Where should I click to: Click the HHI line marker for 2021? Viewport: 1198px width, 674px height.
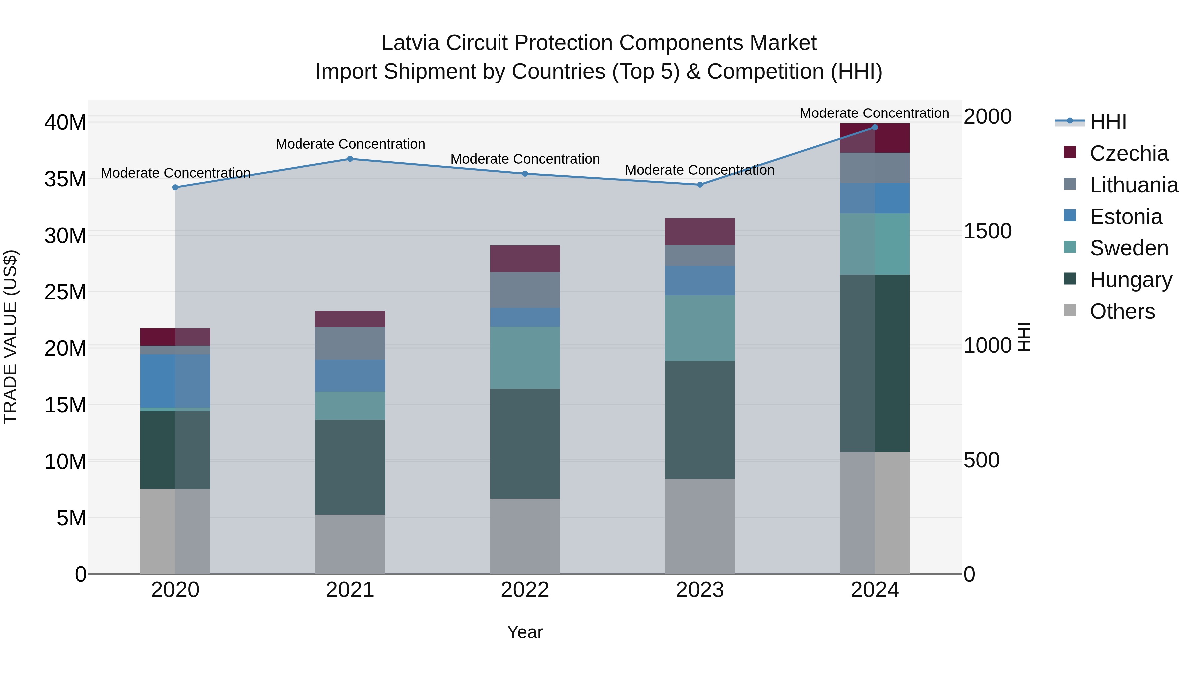click(350, 159)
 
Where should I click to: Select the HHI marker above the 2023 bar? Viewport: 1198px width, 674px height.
click(700, 185)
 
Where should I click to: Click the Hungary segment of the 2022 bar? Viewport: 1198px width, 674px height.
click(525, 443)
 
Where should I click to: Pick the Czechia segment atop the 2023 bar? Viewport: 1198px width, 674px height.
click(700, 232)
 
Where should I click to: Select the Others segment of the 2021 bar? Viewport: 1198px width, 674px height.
click(350, 544)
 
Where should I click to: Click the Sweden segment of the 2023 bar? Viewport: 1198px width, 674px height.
click(700, 328)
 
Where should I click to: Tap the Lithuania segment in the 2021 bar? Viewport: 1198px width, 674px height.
click(350, 343)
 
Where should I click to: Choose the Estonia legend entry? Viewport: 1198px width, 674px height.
click(1126, 217)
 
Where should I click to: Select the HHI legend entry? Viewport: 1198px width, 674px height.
click(1108, 122)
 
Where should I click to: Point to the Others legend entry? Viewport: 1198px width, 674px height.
click(1122, 311)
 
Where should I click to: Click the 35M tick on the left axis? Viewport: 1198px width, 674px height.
click(65, 179)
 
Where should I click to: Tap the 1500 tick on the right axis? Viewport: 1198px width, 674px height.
click(987, 231)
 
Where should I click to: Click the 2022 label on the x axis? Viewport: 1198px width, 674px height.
click(525, 590)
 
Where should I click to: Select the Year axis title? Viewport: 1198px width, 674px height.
click(525, 632)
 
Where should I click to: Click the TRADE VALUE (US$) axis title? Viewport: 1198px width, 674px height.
click(10, 337)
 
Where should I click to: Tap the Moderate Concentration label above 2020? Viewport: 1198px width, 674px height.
click(175, 173)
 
